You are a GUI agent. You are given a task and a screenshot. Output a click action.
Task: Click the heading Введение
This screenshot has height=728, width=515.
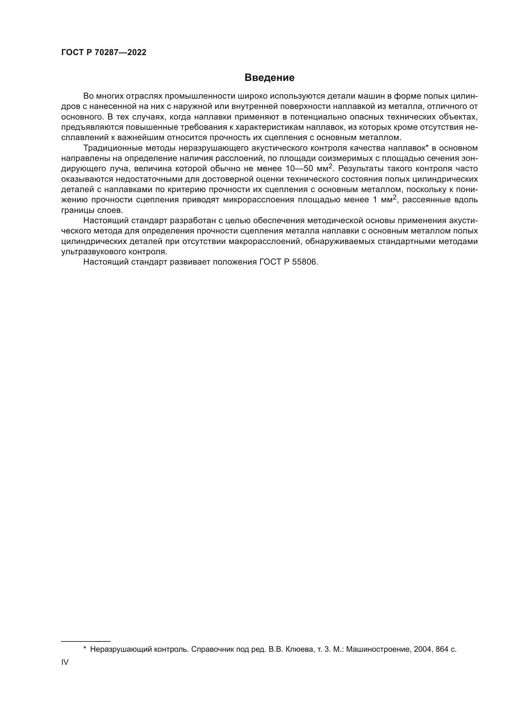pos(269,78)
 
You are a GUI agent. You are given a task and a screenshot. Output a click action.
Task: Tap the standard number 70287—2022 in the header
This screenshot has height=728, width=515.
pos(120,52)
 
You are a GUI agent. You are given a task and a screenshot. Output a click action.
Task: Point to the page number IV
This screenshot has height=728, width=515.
pos(65,662)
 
